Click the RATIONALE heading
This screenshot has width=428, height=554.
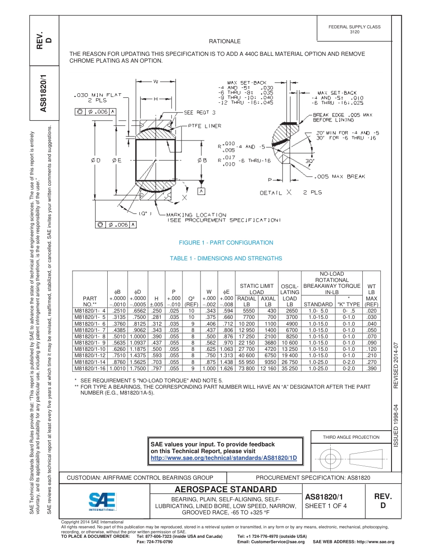pos(225,41)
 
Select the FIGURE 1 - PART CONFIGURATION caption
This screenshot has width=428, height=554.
pos(226,243)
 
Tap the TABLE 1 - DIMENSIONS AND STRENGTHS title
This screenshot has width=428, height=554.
pos(226,259)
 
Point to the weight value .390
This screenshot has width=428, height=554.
pos(372,368)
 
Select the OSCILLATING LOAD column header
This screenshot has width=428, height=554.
pos(289,295)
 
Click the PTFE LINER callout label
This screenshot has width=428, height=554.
pos(204,126)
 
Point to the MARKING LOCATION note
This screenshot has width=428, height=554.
pos(196,215)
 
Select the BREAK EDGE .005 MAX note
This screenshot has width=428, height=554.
pos(343,117)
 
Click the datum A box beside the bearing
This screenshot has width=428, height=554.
pos(201,191)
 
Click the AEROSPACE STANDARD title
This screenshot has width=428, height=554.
pos(225,490)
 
